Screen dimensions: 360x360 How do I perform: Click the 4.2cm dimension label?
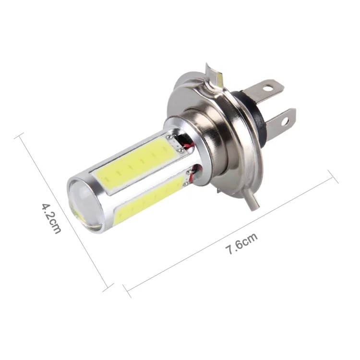pos(51,218)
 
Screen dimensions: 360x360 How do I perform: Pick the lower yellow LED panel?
pos(149,200)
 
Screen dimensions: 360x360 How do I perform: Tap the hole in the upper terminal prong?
pos(267,88)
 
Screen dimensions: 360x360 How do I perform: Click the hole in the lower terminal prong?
pos(285,121)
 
